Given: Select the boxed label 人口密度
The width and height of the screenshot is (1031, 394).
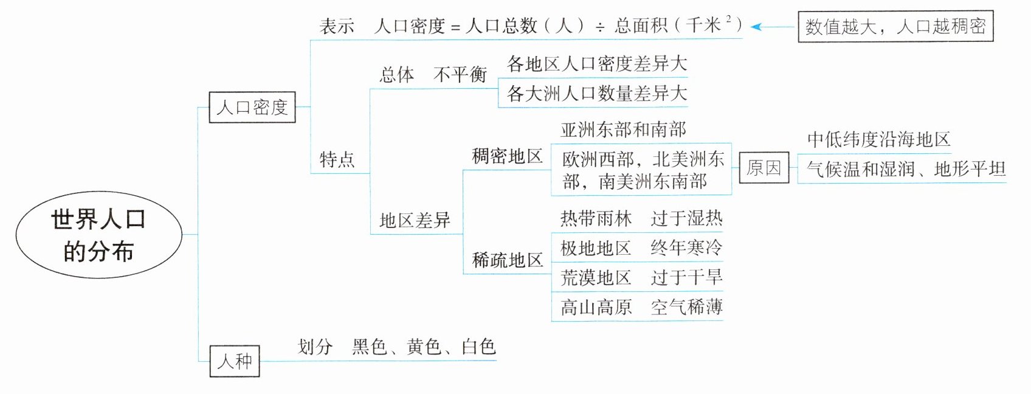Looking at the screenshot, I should (252, 108).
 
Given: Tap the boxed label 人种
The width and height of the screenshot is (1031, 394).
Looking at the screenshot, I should (235, 361).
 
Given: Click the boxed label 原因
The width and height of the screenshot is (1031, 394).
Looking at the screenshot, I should (764, 167).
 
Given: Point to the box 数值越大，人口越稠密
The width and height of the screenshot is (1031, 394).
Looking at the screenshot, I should (895, 26).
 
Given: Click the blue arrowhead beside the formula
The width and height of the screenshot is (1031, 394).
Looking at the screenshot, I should (756, 27).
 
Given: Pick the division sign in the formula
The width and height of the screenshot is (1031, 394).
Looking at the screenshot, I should (599, 27).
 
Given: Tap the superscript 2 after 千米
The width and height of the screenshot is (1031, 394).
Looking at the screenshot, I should (728, 19).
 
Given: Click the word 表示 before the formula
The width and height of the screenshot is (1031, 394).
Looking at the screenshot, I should (337, 26).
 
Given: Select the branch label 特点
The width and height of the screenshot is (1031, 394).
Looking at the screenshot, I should (337, 159).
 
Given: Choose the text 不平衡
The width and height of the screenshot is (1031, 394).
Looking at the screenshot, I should (460, 74).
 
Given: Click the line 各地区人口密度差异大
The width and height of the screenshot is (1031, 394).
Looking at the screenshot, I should (596, 64).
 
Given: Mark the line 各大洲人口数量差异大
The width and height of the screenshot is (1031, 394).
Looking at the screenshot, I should (596, 94).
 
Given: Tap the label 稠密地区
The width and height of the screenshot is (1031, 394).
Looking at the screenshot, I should (507, 157).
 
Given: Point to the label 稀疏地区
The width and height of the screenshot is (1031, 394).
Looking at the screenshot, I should (507, 260).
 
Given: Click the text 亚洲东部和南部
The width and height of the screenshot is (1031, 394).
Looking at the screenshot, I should (623, 130).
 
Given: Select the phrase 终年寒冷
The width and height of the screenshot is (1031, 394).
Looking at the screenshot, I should (686, 247).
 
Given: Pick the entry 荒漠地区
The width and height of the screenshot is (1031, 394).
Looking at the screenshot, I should (596, 278).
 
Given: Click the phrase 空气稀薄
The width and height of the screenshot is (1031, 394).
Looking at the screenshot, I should (686, 307).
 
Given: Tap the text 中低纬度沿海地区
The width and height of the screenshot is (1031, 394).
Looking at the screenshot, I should (878, 139).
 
